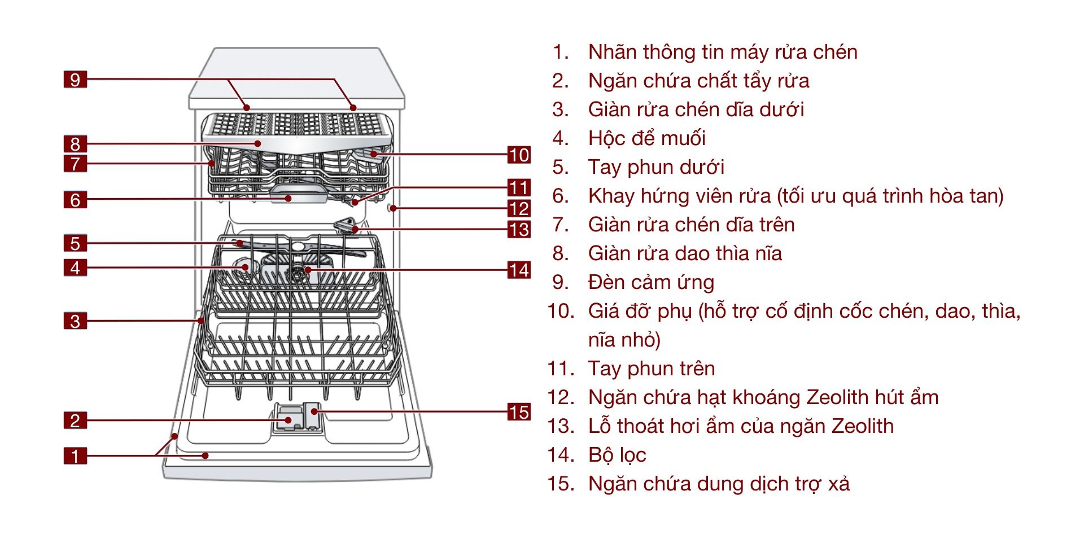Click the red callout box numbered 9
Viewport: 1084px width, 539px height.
click(x=75, y=80)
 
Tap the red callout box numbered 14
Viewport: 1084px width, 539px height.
click(x=519, y=270)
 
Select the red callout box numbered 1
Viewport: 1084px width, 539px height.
click(x=75, y=455)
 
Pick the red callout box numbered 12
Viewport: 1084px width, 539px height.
click(x=519, y=208)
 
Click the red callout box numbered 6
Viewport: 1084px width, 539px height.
click(x=75, y=199)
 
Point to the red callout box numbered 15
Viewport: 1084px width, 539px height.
click(x=519, y=412)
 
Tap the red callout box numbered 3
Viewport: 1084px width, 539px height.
click(x=75, y=321)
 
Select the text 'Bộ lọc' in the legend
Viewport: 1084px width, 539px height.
click(x=617, y=455)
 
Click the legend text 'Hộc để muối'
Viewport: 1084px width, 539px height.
click(x=646, y=138)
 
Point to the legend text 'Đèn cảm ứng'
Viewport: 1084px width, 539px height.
click(x=651, y=282)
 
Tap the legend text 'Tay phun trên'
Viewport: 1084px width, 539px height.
click(x=651, y=369)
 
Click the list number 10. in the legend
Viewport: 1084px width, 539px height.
click(x=561, y=311)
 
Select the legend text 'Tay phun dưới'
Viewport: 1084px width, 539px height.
click(x=655, y=167)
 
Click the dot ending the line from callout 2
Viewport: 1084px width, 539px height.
click(x=289, y=420)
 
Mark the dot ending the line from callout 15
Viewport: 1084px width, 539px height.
click(x=314, y=411)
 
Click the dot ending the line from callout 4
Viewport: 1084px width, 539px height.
click(x=245, y=267)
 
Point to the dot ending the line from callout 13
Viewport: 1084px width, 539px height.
click(x=355, y=229)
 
